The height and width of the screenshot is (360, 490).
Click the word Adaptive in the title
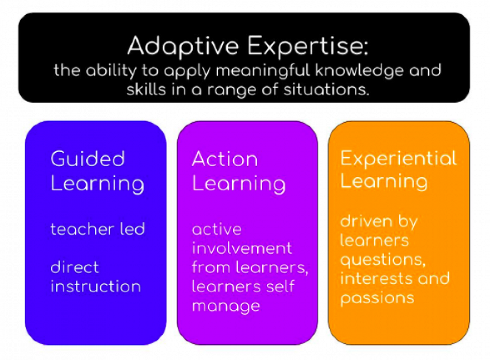tap(183, 47)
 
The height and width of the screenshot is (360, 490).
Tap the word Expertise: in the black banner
tap(307, 47)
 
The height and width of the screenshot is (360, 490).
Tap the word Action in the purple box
tap(224, 159)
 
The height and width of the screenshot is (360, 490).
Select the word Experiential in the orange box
tap(398, 158)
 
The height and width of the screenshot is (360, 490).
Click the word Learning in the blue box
tap(97, 184)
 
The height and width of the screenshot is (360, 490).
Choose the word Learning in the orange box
tap(384, 181)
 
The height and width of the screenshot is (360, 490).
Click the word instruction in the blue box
tap(96, 286)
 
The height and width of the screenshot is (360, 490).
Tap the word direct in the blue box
tap(74, 267)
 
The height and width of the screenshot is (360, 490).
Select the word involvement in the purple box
tap(242, 248)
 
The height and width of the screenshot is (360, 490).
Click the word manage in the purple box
tap(225, 307)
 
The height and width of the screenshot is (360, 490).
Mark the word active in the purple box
tap(217, 229)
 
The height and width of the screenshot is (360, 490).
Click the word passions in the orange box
tap(377, 298)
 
